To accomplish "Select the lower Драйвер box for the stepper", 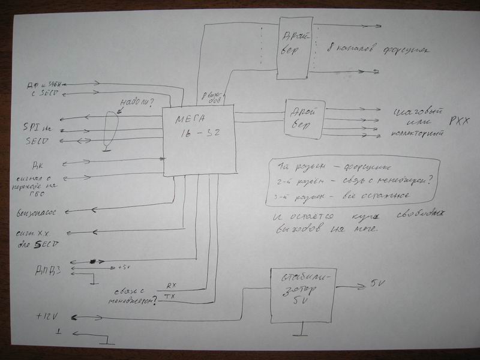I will [x=305, y=119].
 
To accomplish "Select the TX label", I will [x=170, y=296].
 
